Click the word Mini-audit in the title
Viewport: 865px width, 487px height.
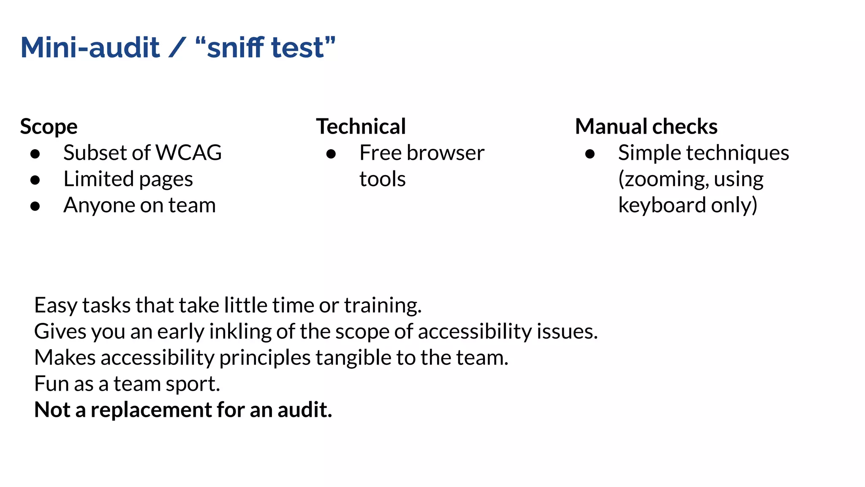tap(90, 47)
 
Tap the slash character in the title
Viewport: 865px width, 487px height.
tap(177, 47)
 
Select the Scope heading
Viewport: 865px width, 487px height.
tap(49, 127)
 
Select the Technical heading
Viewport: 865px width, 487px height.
tap(361, 127)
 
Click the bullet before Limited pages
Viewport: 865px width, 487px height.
tap(35, 180)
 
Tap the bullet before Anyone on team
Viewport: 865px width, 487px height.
tap(35, 206)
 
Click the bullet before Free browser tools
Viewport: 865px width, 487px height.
tap(331, 154)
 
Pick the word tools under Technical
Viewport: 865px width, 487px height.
tap(383, 179)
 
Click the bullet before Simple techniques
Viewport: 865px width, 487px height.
tap(590, 154)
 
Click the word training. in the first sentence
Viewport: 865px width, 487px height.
tap(383, 306)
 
